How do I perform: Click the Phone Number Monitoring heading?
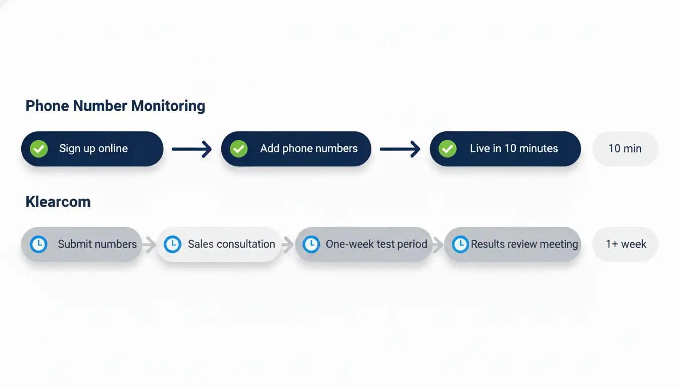115,106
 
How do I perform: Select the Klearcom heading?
58,202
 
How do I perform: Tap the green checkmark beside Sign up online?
39,149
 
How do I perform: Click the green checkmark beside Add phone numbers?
238,149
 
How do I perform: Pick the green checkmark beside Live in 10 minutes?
448,149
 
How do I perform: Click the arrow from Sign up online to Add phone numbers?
191,149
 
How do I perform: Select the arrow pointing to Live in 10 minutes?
400,149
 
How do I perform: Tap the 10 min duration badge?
625,149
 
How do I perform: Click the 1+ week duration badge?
625,244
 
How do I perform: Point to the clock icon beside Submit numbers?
38,244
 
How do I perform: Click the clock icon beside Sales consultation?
172,244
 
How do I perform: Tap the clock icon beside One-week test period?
311,244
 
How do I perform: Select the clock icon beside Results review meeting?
460,244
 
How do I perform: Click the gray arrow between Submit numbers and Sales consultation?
149,245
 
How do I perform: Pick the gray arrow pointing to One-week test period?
287,245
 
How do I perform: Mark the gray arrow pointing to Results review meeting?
438,245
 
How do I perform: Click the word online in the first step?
113,149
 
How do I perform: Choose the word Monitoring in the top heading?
168,106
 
